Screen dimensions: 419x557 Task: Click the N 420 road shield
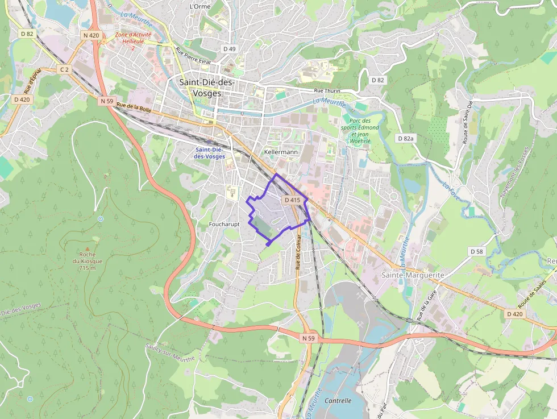point(91,35)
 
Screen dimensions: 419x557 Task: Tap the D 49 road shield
point(229,49)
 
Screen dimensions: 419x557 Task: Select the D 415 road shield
point(292,200)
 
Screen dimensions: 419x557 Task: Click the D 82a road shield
point(406,138)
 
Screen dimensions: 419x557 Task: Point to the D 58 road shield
point(476,251)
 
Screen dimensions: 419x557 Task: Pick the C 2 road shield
point(64,69)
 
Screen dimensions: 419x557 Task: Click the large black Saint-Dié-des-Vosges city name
point(207,88)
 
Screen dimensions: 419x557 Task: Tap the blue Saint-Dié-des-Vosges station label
point(209,152)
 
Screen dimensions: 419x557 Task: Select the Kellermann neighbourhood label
point(281,152)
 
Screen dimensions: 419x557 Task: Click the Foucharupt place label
point(224,224)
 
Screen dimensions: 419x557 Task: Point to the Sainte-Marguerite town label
point(413,275)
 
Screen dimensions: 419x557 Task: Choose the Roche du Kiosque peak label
point(87,261)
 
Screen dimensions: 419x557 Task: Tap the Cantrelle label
point(338,400)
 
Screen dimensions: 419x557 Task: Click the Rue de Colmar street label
point(298,253)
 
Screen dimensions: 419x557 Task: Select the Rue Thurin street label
point(327,91)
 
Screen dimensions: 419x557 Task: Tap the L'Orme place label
point(199,6)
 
